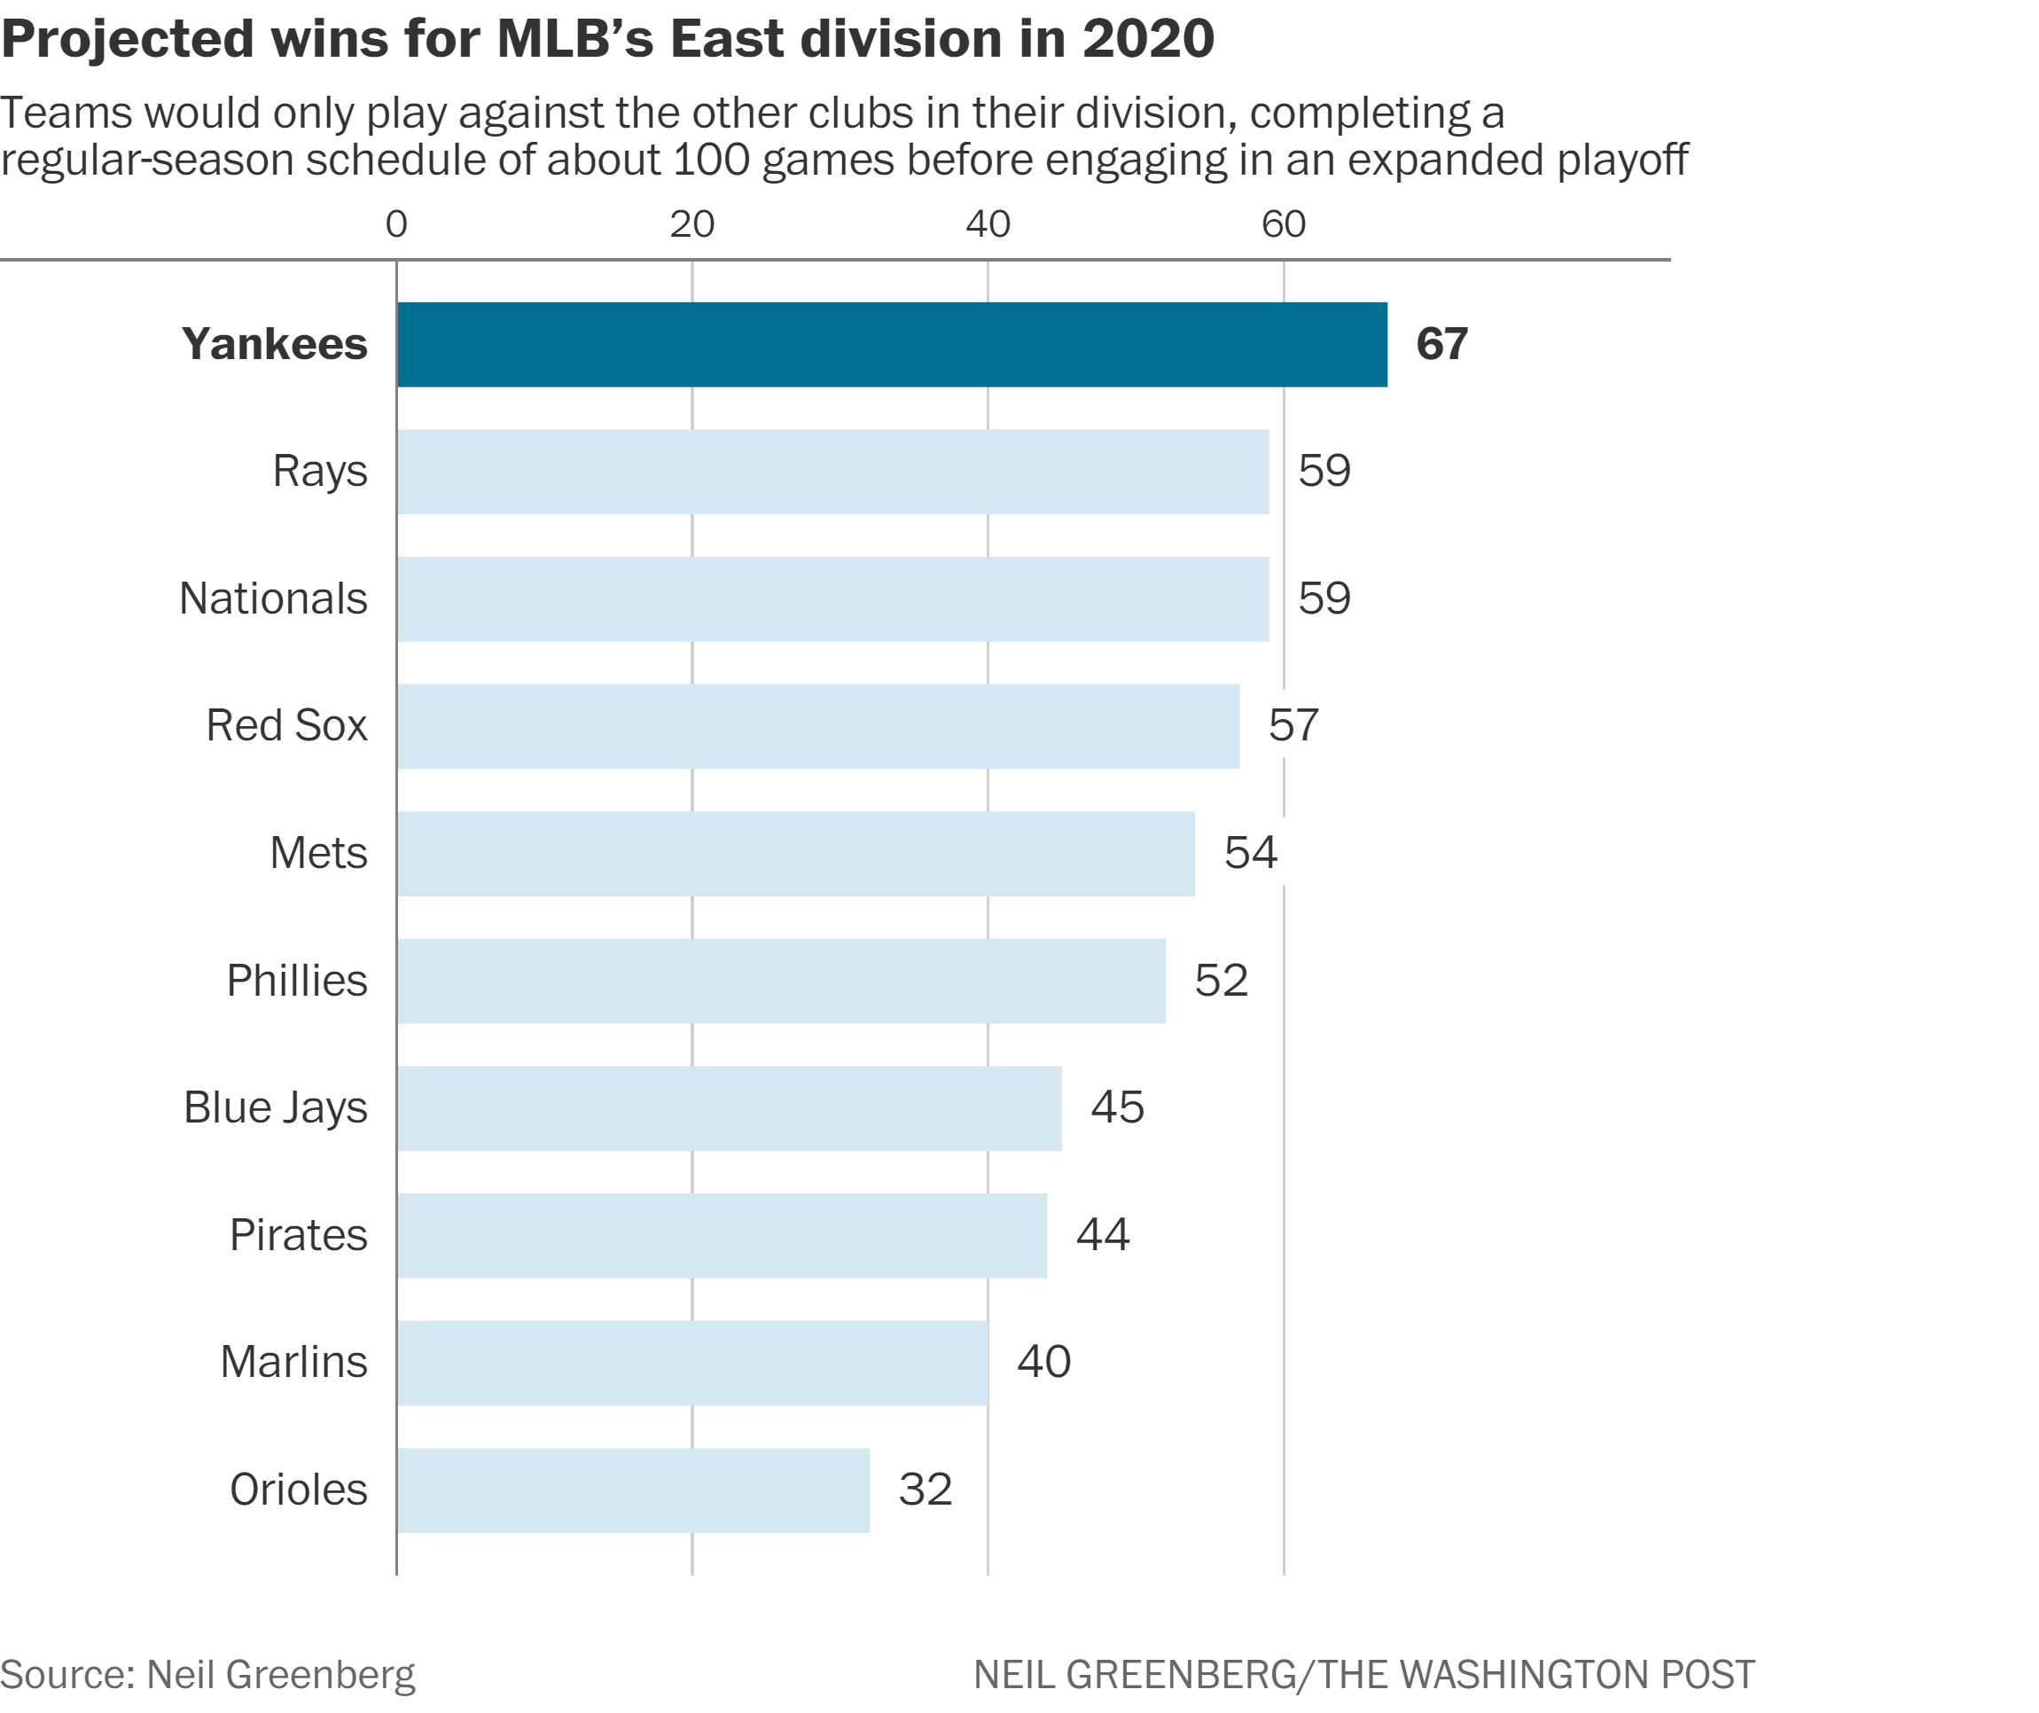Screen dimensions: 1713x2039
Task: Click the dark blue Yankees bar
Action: pyautogui.click(x=891, y=345)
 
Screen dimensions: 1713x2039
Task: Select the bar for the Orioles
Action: pyautogui.click(x=633, y=1490)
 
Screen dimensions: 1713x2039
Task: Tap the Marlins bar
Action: pyautogui.click(x=692, y=1363)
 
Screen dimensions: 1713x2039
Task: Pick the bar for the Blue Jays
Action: pyautogui.click(x=730, y=1108)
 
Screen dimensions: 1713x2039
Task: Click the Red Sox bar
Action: pyautogui.click(x=817, y=726)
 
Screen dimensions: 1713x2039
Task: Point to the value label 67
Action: pyautogui.click(x=1441, y=345)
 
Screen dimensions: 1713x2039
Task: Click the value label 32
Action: pyautogui.click(x=926, y=1490)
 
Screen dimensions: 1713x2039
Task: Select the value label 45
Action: pyautogui.click(x=1118, y=1108)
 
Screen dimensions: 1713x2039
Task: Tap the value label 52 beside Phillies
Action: pyautogui.click(x=1222, y=981)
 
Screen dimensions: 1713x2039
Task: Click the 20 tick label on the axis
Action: pyautogui.click(x=692, y=225)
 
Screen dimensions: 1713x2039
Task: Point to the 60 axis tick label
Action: pyautogui.click(x=1284, y=225)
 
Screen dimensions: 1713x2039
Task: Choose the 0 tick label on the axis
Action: pyautogui.click(x=396, y=225)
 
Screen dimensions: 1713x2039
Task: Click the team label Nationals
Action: pyautogui.click(x=274, y=599)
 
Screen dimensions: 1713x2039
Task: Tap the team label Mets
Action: pyautogui.click(x=318, y=854)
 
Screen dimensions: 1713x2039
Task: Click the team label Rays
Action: pyautogui.click(x=320, y=472)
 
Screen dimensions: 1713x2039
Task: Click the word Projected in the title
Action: pyautogui.click(x=129, y=41)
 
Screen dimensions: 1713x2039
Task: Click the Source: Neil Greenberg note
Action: pyautogui.click(x=207, y=1675)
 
